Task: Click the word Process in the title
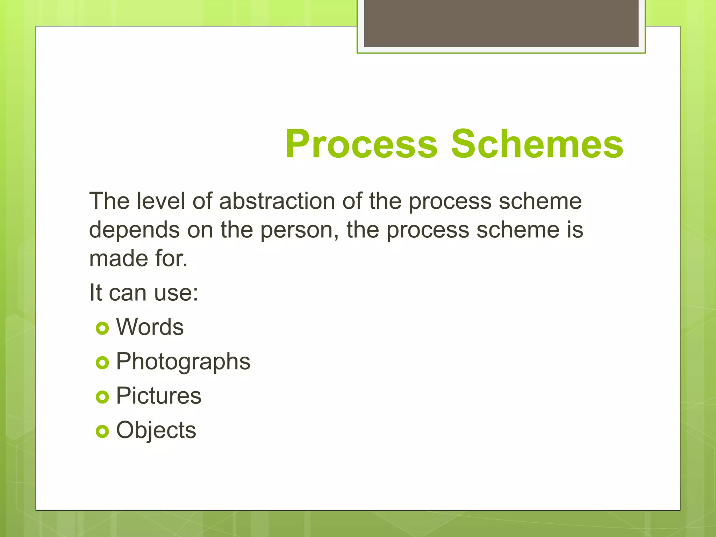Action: (x=361, y=144)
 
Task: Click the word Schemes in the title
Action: (x=537, y=144)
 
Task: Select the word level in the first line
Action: (x=160, y=201)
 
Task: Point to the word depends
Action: (x=134, y=230)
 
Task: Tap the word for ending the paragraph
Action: (x=171, y=259)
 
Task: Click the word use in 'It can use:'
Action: (x=176, y=293)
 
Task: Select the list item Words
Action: (x=150, y=327)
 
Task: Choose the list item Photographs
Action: (x=183, y=362)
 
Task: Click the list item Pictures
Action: (x=159, y=396)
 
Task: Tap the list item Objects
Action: (x=156, y=430)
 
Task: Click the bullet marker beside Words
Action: (x=102, y=328)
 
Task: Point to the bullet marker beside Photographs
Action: (x=102, y=363)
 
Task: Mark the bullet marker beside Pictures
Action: (x=102, y=397)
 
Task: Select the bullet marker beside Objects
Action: (x=102, y=431)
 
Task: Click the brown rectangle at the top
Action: (x=501, y=23)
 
